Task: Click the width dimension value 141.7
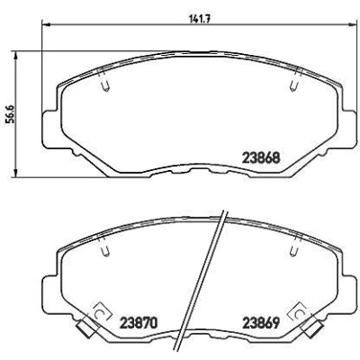tap(200, 19)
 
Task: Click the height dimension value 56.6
tap(11, 114)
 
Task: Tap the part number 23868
tap(261, 157)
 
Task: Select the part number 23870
tap(139, 323)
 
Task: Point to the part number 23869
tap(261, 323)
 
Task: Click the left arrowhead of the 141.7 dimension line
tap(45, 24)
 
